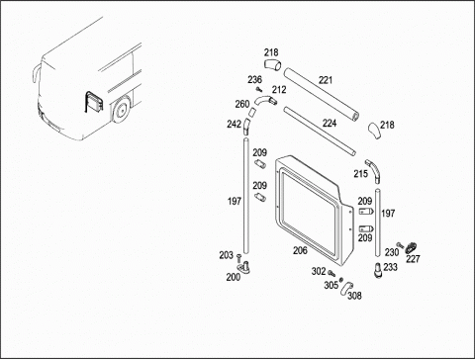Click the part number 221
point(326,80)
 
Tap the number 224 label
point(330,124)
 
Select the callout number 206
point(300,250)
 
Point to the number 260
point(242,104)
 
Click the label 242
point(234,125)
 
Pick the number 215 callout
point(361,174)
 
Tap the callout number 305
point(331,285)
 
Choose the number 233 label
point(391,267)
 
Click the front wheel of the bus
point(120,110)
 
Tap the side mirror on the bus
point(35,75)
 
